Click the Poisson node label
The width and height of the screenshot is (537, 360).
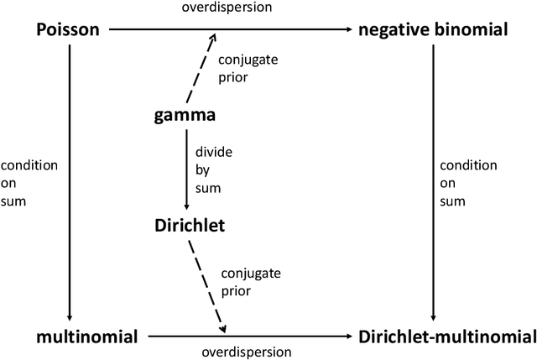point(68,30)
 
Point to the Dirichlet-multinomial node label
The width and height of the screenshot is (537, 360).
point(446,337)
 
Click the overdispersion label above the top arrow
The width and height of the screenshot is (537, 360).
point(224,8)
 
